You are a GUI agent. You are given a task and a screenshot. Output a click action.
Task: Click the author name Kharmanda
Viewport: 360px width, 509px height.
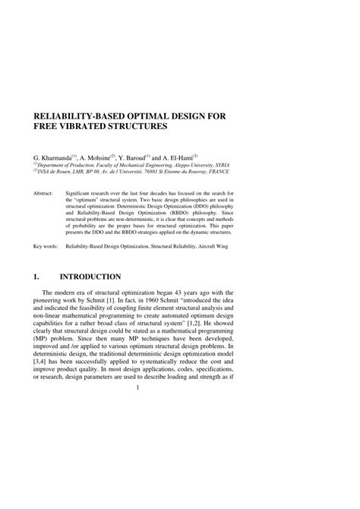[55, 153]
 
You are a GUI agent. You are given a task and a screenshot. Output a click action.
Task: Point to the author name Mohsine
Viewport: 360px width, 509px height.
[96, 153]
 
